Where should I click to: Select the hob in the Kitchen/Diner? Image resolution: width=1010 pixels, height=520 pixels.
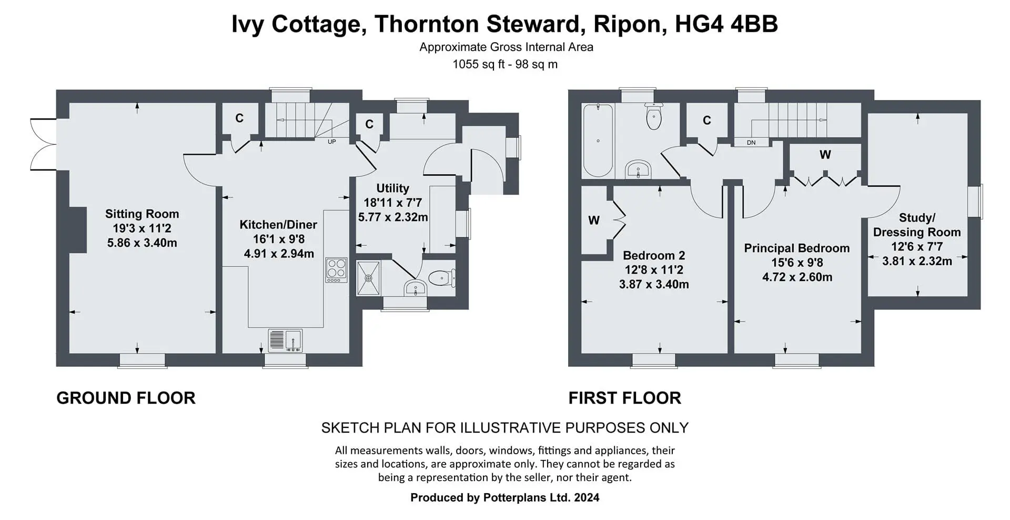point(336,270)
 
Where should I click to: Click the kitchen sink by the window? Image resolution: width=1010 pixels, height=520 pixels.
point(285,341)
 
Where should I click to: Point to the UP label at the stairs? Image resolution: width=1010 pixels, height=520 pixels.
point(332,142)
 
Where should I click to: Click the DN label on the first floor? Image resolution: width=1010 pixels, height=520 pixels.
point(751,143)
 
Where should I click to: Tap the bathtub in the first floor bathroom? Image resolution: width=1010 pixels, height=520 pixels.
point(598,140)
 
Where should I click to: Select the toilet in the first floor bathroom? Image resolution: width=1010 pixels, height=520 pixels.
point(653,116)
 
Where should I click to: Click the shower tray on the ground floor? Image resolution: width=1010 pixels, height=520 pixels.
point(369,278)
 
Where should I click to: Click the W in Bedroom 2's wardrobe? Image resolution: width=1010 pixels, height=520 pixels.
point(594,221)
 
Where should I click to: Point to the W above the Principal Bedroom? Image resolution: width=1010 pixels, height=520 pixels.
point(825,155)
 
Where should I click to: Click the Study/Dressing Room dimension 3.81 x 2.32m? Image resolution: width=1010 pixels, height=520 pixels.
point(917,261)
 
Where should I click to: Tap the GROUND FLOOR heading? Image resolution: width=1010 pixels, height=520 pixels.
point(126,398)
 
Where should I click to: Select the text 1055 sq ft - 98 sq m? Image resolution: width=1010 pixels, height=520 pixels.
point(505,65)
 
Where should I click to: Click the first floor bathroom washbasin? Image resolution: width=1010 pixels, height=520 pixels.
point(638,170)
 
